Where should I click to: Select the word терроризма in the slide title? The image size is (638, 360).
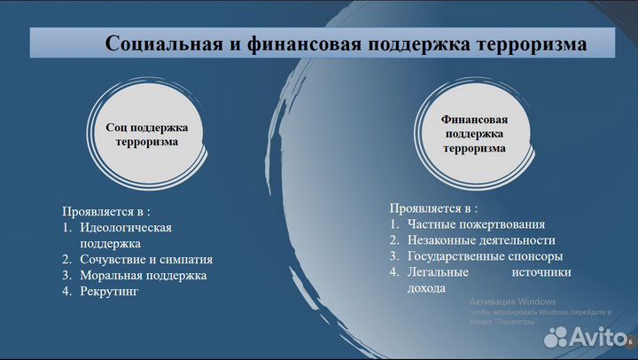[x=530, y=43]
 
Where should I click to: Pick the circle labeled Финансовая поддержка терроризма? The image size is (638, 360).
[x=474, y=134]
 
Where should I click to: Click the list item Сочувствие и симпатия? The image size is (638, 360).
[x=146, y=259]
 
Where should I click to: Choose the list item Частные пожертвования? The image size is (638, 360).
[x=476, y=223]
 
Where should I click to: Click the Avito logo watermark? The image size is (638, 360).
[x=584, y=335]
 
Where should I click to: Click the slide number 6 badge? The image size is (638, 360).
[x=631, y=342]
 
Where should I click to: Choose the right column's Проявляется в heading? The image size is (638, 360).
[x=427, y=207]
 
